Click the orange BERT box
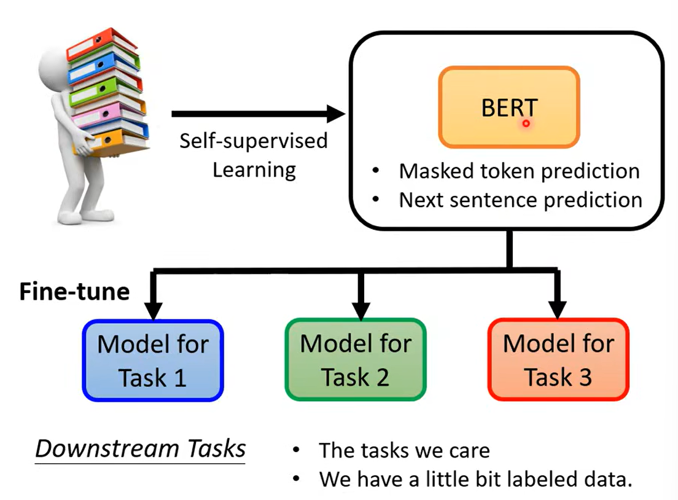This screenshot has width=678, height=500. click(x=508, y=107)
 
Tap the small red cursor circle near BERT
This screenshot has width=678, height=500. click(x=526, y=123)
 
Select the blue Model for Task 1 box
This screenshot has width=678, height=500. click(x=153, y=360)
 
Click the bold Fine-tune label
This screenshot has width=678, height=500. click(x=74, y=291)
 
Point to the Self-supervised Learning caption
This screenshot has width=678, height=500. click(x=254, y=154)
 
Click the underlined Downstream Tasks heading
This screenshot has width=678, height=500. click(x=140, y=449)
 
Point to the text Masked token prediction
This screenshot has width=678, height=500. click(x=519, y=171)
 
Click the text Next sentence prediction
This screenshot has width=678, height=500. click(x=520, y=200)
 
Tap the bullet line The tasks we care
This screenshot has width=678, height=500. click(x=404, y=451)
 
